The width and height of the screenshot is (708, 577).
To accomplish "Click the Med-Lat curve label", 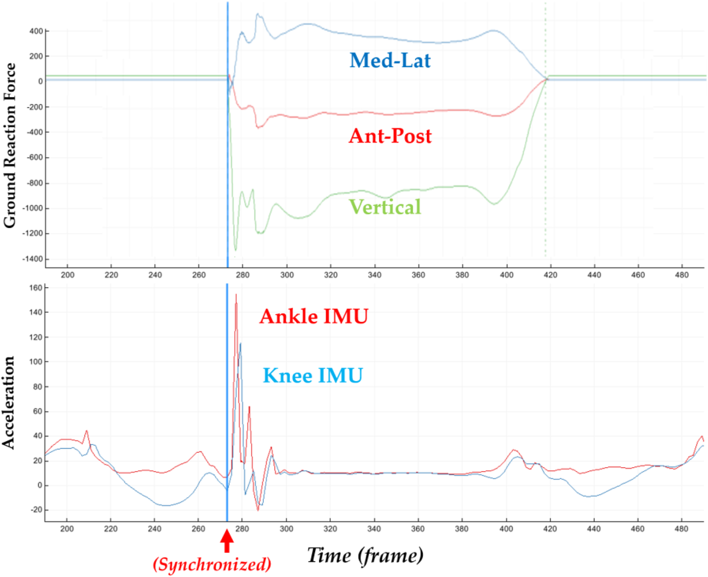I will click(x=390, y=61).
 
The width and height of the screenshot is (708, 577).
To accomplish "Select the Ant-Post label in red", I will click(x=390, y=136).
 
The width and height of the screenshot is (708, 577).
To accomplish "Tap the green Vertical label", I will click(x=385, y=207).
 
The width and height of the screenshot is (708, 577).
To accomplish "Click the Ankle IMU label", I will click(x=314, y=316).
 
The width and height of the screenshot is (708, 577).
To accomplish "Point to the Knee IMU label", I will click(x=313, y=375).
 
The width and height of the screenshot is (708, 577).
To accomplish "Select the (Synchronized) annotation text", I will click(x=212, y=565).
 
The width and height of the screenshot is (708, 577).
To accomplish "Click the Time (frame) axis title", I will click(x=365, y=555).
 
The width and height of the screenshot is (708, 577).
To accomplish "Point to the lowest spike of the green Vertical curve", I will click(x=235, y=250).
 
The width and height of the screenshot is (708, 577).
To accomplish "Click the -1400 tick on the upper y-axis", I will click(x=34, y=259).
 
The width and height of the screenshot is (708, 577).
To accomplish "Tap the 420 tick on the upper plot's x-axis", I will click(x=550, y=275).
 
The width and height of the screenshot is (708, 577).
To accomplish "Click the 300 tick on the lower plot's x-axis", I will click(x=286, y=529).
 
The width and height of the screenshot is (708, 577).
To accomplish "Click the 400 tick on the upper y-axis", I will click(x=37, y=31).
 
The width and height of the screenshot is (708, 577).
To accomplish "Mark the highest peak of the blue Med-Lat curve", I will click(x=258, y=15).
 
